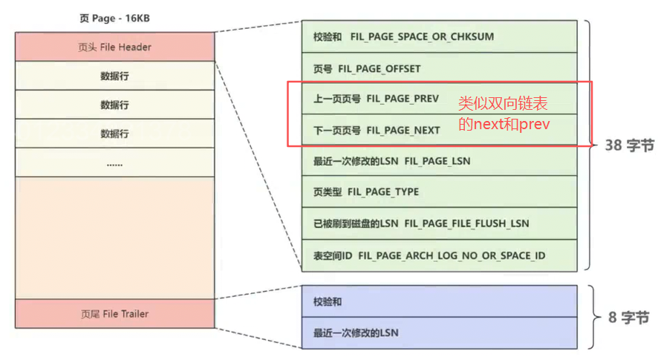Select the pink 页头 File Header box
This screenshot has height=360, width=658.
click(114, 47)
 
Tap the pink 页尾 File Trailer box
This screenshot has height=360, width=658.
click(114, 314)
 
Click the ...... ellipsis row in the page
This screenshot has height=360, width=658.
click(114, 163)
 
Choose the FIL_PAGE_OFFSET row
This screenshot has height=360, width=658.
click(439, 68)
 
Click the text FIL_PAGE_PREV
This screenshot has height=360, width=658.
click(402, 99)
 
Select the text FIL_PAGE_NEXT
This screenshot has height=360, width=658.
click(403, 130)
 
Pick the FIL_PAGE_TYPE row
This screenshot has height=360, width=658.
click(439, 192)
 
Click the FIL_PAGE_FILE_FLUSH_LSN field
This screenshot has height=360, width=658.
click(466, 223)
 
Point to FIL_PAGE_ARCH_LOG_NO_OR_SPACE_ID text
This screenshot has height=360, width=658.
click(452, 255)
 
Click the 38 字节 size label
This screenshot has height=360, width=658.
click(629, 145)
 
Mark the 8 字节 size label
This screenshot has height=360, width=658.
click(628, 318)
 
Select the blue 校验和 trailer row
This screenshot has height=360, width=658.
click(439, 302)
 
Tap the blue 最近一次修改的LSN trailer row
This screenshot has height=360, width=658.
click(439, 333)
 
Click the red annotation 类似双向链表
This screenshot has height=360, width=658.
click(503, 104)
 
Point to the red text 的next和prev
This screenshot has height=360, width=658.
click(504, 124)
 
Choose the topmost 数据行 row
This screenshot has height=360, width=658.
click(114, 76)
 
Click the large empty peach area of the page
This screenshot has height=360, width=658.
click(114, 238)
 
